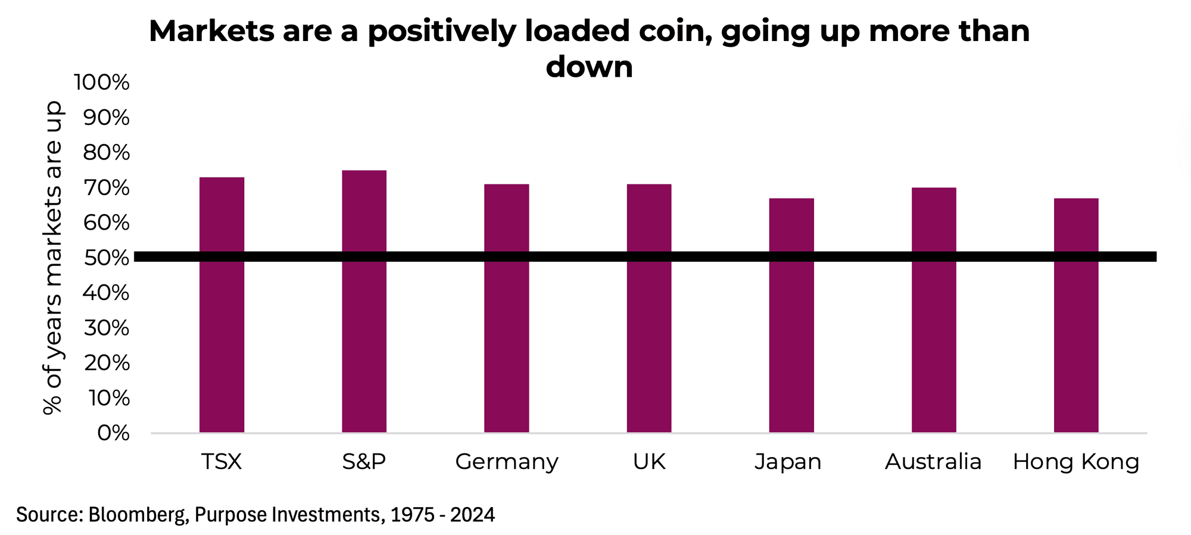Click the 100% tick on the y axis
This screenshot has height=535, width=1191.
click(x=101, y=83)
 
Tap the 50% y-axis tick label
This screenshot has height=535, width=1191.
click(x=106, y=258)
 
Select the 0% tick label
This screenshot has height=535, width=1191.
click(x=113, y=433)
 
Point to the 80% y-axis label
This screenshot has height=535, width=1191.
click(x=106, y=153)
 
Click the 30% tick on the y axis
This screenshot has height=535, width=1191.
click(x=106, y=328)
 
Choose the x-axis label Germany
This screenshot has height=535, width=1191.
click(x=507, y=462)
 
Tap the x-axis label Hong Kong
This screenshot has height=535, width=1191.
click(x=1076, y=462)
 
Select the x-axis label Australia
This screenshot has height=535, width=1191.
click(x=933, y=462)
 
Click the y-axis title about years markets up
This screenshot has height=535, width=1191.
click(x=53, y=258)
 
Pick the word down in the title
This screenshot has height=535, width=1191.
click(x=589, y=67)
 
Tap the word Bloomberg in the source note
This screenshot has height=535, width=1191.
click(x=136, y=514)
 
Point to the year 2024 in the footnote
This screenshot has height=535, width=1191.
click(x=472, y=514)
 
